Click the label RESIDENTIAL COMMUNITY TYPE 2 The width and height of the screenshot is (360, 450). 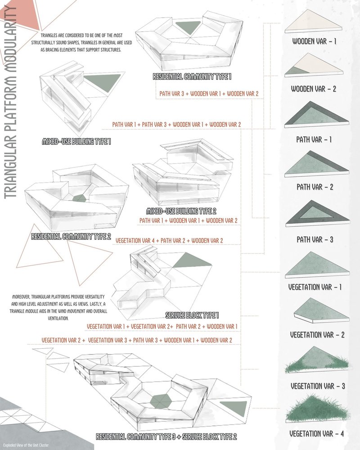pyautogui.click(x=71, y=236)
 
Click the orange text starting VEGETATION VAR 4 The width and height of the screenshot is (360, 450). pyautogui.click(x=169, y=241)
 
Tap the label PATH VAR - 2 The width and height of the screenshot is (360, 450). pyautogui.click(x=315, y=187)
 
